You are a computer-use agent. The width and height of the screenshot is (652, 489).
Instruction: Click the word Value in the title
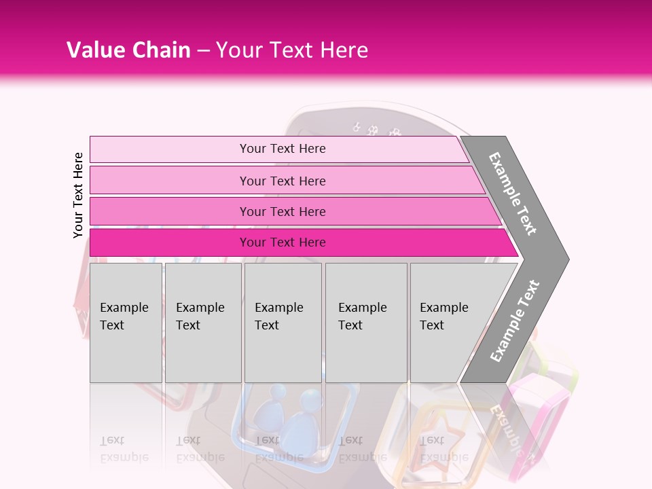[95, 50]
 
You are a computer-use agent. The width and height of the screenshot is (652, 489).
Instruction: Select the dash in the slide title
[203, 51]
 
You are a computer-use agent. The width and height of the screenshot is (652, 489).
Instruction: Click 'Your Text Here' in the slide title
[292, 50]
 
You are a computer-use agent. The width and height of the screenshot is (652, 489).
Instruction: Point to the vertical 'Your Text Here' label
[78, 195]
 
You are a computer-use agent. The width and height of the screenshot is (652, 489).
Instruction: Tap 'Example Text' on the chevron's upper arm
[513, 194]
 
